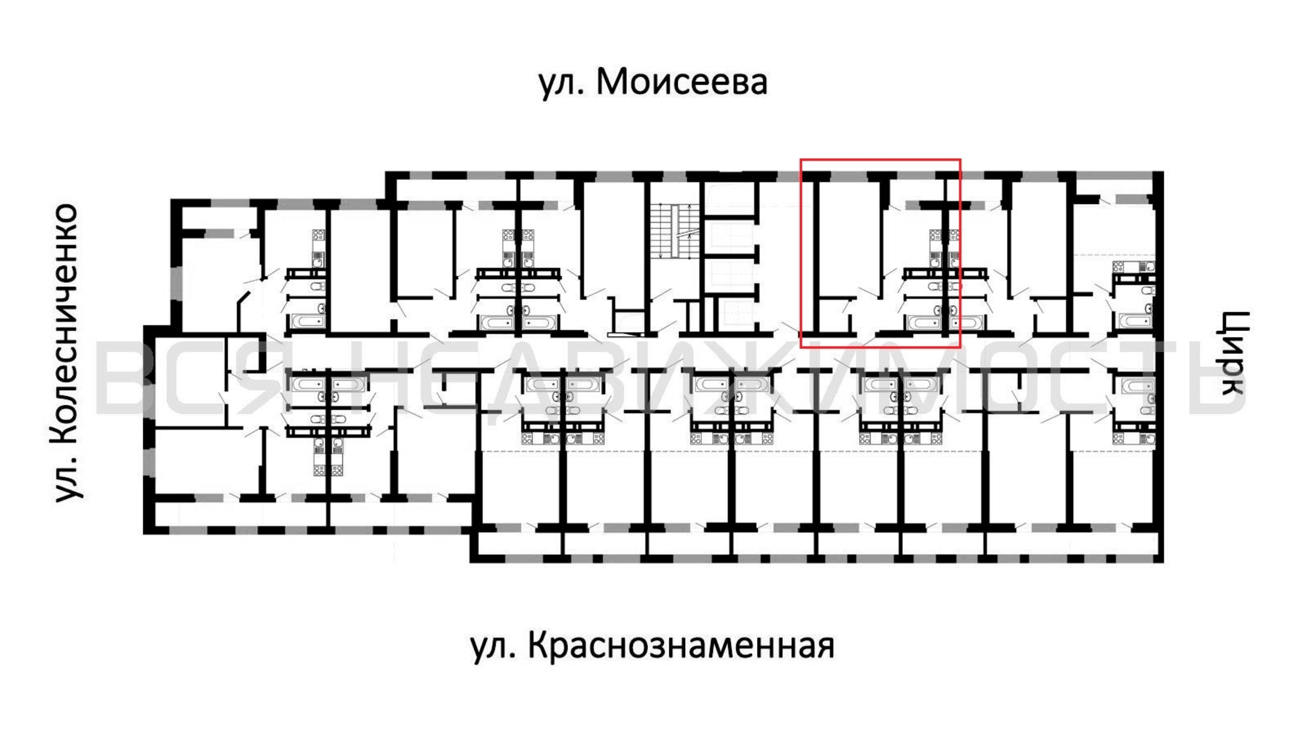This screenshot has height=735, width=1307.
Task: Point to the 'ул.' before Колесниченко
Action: point(68,479)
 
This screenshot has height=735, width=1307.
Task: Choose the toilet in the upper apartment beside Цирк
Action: point(1148,290)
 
